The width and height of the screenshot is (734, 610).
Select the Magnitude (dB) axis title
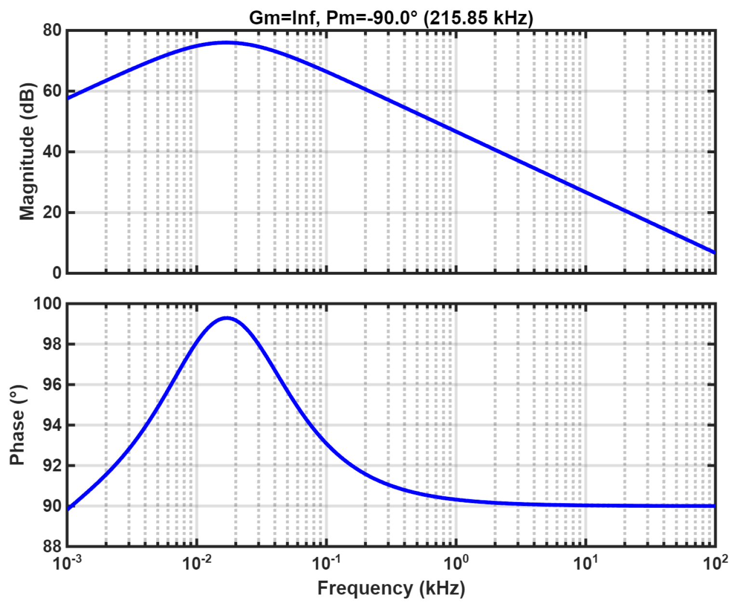point(27,152)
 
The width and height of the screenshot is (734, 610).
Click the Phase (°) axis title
point(17,425)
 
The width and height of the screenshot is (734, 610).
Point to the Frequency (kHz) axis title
point(391,588)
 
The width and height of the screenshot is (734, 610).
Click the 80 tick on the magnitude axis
point(52,30)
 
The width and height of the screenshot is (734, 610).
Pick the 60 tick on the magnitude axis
point(52,91)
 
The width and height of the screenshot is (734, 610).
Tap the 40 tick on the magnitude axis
point(52,152)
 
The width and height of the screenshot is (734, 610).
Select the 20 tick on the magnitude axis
point(52,212)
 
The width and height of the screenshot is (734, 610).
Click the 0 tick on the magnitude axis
point(57,273)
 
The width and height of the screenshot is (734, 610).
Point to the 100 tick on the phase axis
point(47,304)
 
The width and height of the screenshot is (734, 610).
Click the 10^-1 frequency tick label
point(326,562)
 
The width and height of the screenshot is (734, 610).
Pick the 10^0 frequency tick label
point(456,562)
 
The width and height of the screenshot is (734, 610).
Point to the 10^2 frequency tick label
point(715,562)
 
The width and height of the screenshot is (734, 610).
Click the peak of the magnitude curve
point(227,42)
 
